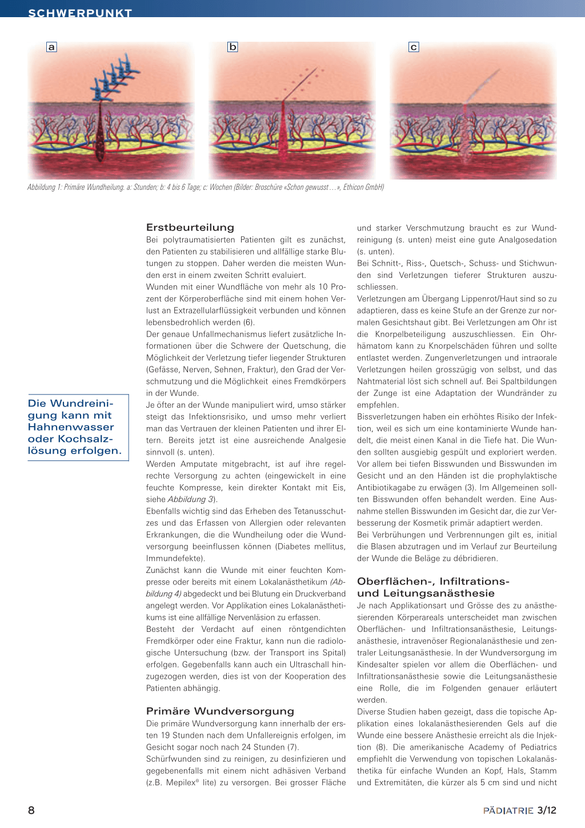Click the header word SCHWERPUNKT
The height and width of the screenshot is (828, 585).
click(x=80, y=13)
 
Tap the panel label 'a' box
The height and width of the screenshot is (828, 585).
click(x=51, y=47)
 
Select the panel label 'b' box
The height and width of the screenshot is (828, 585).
click(x=233, y=47)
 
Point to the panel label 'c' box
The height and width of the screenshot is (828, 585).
click(x=414, y=47)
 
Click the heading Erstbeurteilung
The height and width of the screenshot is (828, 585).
click(x=190, y=227)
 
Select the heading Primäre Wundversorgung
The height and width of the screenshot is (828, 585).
click(x=220, y=711)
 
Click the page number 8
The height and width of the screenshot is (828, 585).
click(x=31, y=810)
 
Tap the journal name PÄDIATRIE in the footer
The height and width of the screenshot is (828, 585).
click(x=508, y=810)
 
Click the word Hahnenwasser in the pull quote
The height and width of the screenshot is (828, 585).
click(x=71, y=427)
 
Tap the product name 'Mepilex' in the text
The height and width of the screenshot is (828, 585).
click(x=181, y=782)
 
